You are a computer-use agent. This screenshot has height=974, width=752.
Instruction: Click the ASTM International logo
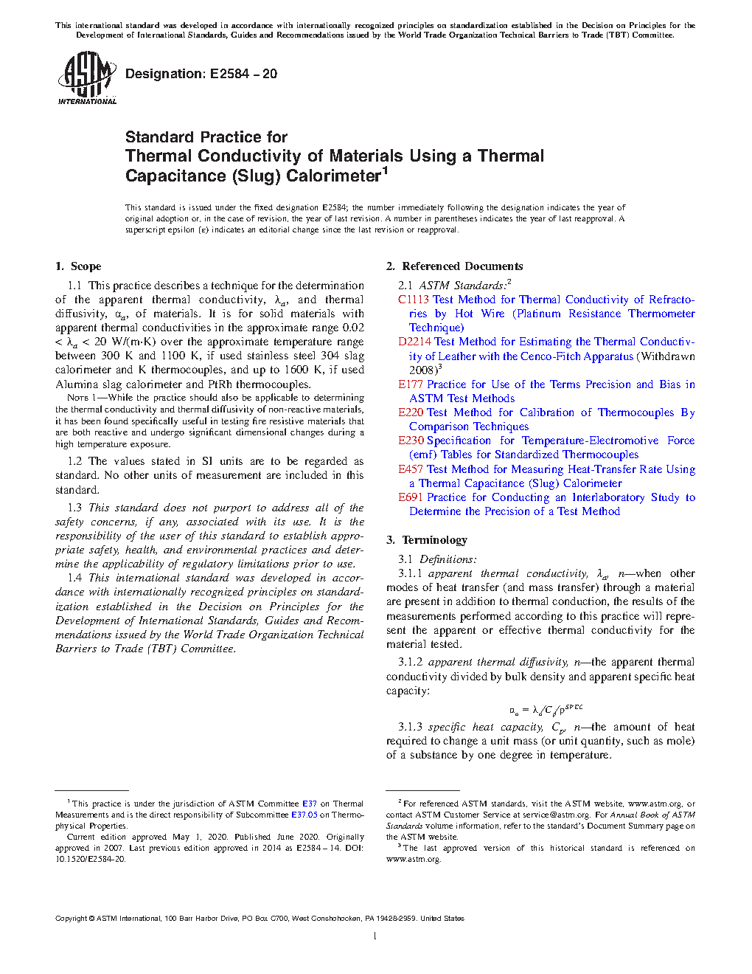click(87, 77)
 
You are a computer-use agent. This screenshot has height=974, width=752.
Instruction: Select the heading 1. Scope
click(78, 266)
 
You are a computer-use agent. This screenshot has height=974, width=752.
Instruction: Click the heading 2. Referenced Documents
click(455, 266)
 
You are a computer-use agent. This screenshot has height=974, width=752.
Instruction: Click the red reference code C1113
click(414, 300)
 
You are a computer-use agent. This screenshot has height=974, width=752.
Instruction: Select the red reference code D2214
click(414, 342)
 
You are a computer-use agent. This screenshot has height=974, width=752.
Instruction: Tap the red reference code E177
click(411, 384)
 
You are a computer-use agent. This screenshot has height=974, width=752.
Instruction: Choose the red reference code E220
click(411, 412)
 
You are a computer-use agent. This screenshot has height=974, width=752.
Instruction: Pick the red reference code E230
click(411, 441)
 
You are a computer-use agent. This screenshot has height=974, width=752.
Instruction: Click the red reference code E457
click(411, 469)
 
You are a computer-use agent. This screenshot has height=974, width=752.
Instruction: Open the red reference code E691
click(411, 497)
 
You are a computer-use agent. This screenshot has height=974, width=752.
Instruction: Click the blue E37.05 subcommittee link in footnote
click(304, 815)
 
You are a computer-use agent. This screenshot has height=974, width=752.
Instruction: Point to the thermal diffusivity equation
click(546, 710)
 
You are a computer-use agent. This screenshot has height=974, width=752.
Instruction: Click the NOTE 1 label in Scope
click(77, 398)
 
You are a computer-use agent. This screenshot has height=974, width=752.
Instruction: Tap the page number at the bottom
click(375, 936)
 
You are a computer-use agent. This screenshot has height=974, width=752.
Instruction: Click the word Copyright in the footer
click(71, 919)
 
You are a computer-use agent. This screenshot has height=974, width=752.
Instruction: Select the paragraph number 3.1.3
click(410, 728)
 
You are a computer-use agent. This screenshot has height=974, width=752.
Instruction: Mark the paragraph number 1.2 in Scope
click(74, 461)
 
